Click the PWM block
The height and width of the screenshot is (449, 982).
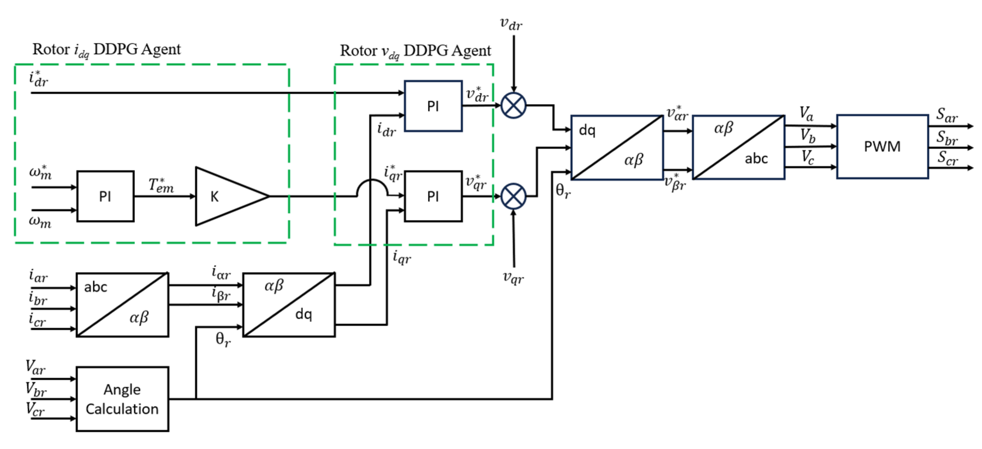pos(882,146)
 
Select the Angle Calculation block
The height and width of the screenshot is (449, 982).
pos(122,399)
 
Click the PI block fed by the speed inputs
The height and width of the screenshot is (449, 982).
pos(105,196)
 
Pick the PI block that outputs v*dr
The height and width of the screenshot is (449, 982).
pos(433,106)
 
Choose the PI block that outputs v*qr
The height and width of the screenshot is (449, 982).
pos(433,196)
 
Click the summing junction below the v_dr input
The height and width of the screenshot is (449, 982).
pos(514,105)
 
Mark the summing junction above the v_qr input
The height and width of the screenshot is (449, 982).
pos(514,196)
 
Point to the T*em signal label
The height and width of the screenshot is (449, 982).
pos(161,185)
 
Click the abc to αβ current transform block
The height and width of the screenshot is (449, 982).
pos(122,304)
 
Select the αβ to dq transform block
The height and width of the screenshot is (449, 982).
pos(289,304)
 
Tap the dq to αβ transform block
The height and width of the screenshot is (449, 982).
pos(617,147)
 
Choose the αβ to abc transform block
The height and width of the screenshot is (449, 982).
pos(738,147)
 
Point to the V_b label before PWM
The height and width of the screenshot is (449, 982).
pos(807,136)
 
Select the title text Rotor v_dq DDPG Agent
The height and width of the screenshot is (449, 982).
pos(415,51)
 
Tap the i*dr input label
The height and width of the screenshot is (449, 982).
pos(38,79)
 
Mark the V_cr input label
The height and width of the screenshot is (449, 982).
pos(35,409)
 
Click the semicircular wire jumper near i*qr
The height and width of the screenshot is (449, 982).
pos(372,187)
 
